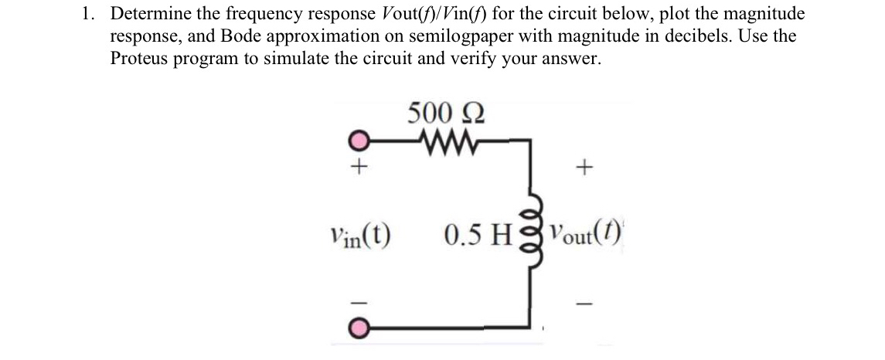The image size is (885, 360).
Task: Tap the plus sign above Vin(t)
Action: (358, 167)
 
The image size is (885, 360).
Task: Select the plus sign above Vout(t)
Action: (587, 167)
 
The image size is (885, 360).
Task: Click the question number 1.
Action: (90, 14)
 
